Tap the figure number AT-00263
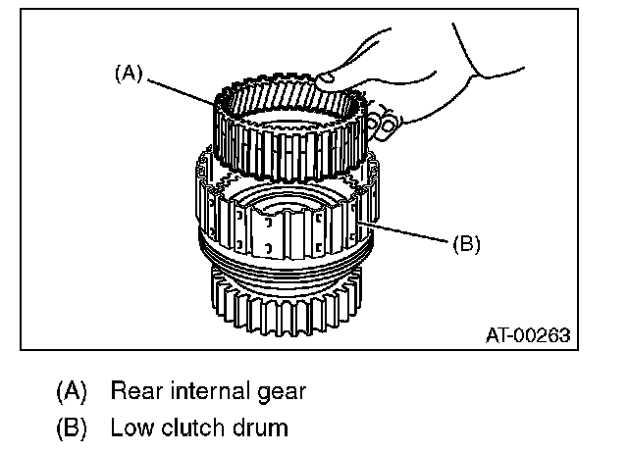[528, 335]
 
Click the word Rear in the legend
[133, 391]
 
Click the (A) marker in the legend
[71, 392]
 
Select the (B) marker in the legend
[71, 428]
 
